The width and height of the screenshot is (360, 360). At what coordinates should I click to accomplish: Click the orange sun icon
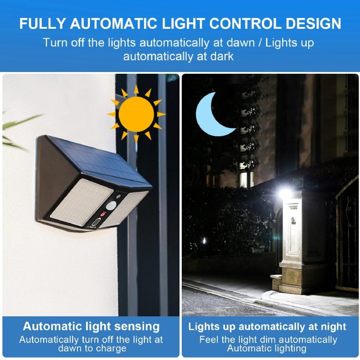coord(136,114)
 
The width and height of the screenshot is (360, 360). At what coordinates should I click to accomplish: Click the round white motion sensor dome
coord(111,206)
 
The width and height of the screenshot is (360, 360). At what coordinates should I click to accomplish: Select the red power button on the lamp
coord(103,215)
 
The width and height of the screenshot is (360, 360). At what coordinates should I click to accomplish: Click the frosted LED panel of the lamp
coord(82,202)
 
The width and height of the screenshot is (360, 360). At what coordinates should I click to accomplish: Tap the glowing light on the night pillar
coord(285,193)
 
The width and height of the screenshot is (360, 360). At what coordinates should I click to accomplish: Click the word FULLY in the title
coord(43,23)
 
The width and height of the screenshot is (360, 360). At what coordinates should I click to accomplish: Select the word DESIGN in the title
coord(313,23)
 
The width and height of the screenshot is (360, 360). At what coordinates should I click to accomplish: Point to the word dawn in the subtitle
coord(241,43)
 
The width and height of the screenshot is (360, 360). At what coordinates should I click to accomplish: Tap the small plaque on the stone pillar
coord(293,220)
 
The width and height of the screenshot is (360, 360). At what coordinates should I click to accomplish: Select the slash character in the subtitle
coord(260,43)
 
